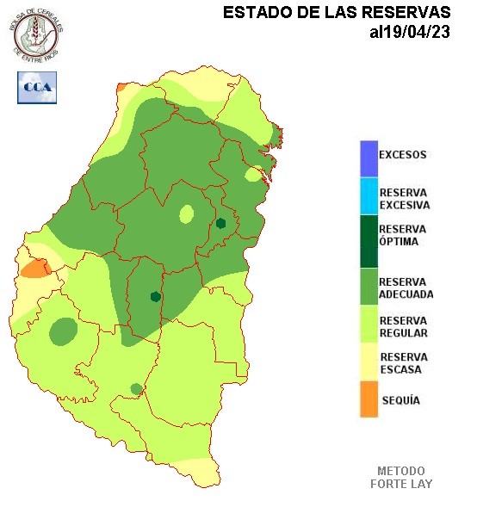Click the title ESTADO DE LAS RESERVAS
point(337,13)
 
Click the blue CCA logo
point(37,87)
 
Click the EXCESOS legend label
point(402,155)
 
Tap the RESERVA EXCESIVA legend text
point(404,199)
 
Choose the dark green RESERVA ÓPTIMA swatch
point(369,241)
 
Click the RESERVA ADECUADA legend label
point(406,288)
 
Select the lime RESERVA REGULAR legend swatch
point(369,326)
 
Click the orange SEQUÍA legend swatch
point(369,399)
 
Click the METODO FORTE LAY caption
point(401,477)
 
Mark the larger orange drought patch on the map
point(35,268)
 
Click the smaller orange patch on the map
point(121,87)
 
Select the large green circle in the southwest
point(63,331)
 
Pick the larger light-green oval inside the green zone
point(186,213)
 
